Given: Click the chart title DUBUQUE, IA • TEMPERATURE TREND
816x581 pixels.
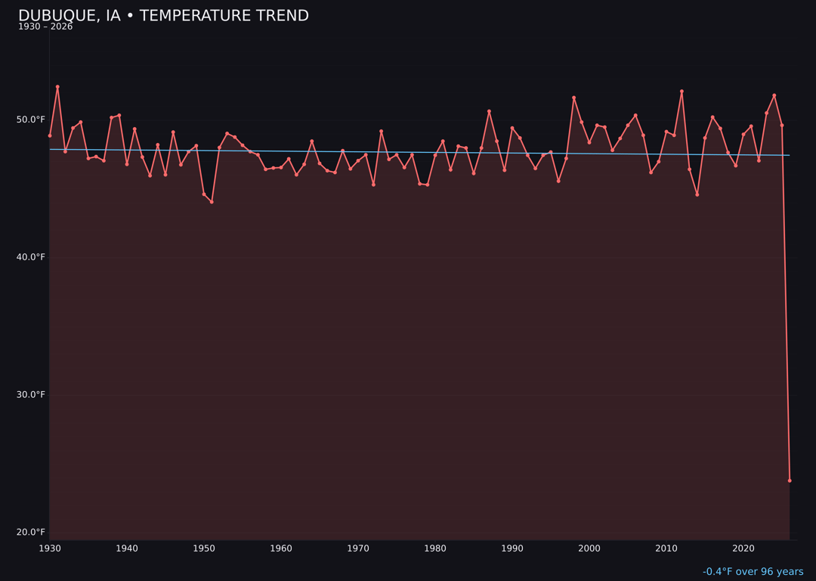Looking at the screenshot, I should point(163,16).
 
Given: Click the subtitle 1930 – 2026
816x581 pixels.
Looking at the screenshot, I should point(45,27).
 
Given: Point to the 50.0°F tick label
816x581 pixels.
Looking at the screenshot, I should point(31,120).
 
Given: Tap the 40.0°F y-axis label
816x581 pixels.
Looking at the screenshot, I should point(31,257).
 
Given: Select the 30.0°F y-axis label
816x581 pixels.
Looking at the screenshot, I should point(31,395).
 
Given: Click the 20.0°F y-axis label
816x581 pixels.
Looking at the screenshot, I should point(31,533).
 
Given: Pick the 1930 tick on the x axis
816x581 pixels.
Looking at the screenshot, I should point(50,548).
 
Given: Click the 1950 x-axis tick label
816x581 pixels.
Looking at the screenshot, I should point(204,548).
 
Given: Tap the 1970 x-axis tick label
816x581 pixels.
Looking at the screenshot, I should point(358,548).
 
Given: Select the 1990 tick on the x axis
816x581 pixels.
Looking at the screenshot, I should point(512,548).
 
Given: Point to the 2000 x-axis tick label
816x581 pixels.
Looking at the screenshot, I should point(589,548).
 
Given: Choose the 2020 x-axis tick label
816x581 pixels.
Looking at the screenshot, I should point(743,548).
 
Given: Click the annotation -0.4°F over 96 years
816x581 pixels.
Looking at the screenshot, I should point(753,572).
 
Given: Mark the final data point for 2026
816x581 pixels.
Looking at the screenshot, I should point(790,480).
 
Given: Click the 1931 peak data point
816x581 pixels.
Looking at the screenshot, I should point(57,87).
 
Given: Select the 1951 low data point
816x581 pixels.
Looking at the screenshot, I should point(212,202).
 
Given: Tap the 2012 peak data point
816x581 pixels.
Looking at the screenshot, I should point(682,92).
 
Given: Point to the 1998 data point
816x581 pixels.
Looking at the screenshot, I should point(573,98).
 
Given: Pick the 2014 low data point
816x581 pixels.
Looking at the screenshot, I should point(697,194).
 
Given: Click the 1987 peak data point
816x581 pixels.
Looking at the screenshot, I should point(489,111).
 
